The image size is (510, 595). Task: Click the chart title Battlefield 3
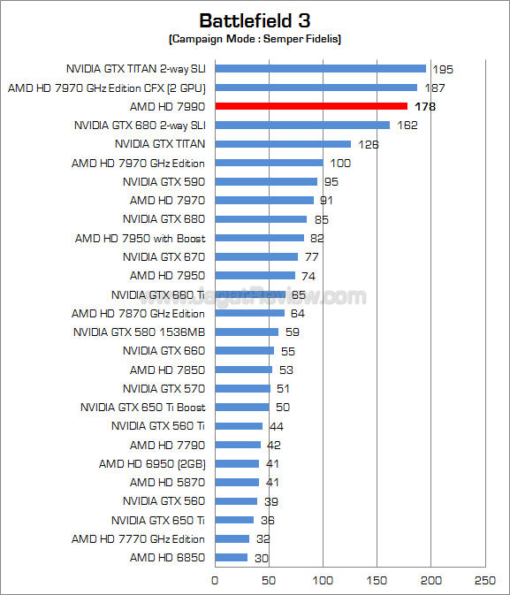coord(255,20)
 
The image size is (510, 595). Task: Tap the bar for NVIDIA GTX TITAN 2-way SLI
coord(320,68)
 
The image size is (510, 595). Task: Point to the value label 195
coord(443,68)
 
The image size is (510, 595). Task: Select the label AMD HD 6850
coord(167,558)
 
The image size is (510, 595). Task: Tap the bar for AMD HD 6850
coord(232,558)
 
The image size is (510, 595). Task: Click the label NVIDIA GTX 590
coord(164,181)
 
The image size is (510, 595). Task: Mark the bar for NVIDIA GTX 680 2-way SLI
coord(302,125)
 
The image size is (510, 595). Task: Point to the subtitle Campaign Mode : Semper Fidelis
coord(255,40)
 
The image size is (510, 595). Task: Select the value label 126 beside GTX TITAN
coord(368,144)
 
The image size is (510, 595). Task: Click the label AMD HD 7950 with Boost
coord(140,238)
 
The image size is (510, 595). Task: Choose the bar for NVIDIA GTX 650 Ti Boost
coord(242,407)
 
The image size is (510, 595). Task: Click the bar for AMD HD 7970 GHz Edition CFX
coord(316,88)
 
